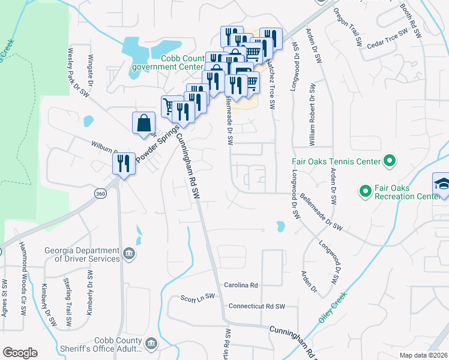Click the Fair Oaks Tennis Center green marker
tap(390, 161)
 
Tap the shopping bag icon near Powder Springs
tap(144, 123)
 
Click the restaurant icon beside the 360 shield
tap(124, 163)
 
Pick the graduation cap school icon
tap(442, 183)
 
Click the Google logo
tap(20, 352)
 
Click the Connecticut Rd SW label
tap(256, 306)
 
